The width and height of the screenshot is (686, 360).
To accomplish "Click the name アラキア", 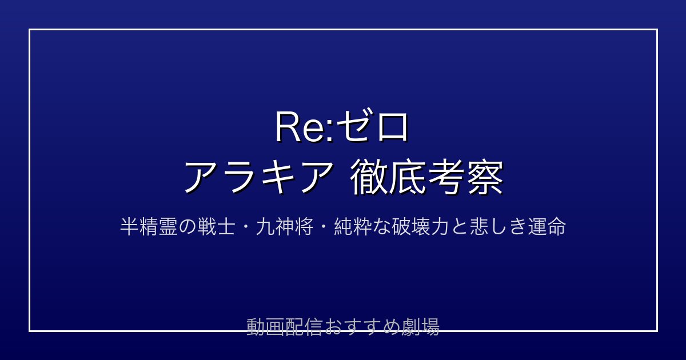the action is [x=258, y=177].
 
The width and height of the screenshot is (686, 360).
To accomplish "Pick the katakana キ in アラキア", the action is [x=277, y=177].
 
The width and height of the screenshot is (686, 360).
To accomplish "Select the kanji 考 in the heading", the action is [x=446, y=177].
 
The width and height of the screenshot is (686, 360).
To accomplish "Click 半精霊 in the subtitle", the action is [x=149, y=227].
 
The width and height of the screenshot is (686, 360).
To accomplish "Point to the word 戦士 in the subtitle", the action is [x=217, y=227].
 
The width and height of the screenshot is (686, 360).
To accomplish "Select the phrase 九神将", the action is [x=285, y=227].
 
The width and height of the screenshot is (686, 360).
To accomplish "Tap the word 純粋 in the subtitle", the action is [x=353, y=227].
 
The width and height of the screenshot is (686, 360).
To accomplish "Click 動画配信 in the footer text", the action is [x=284, y=327].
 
